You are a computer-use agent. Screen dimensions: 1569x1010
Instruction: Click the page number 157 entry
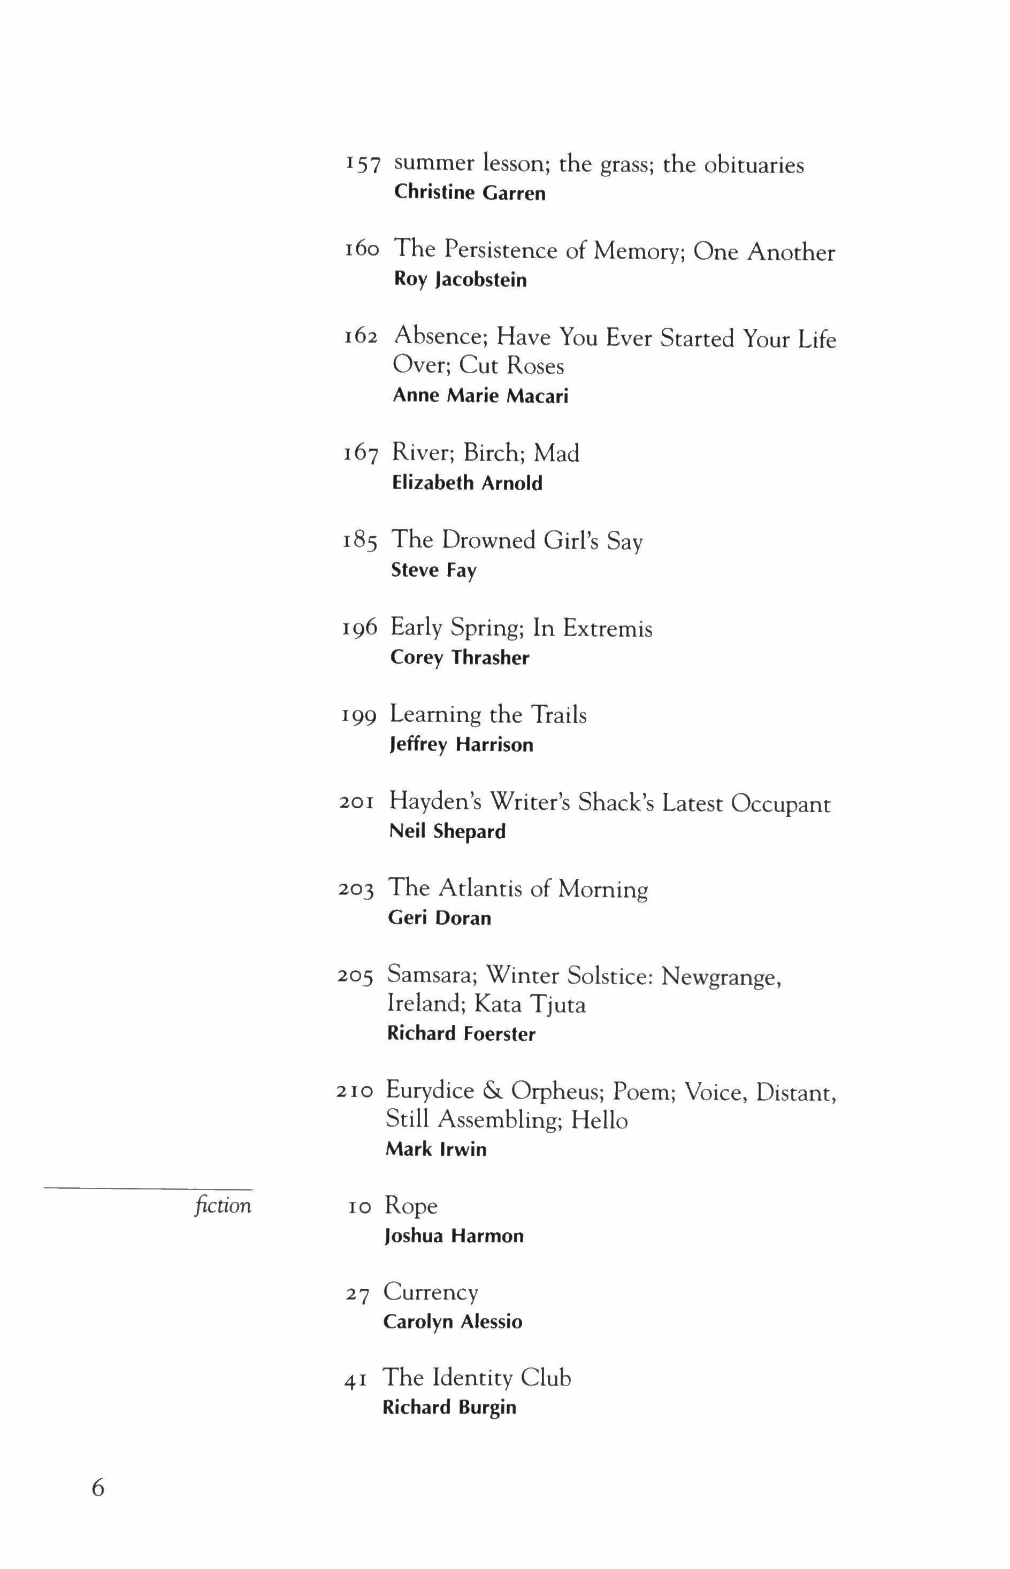(x=363, y=165)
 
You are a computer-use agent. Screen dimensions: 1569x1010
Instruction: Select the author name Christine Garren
(x=470, y=194)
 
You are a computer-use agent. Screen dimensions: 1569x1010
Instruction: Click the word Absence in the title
(x=439, y=337)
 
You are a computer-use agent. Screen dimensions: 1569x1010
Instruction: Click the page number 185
(x=359, y=542)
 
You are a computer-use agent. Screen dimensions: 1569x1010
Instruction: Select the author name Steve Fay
(x=433, y=570)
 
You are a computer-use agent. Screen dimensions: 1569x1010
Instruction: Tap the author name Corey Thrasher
(x=459, y=658)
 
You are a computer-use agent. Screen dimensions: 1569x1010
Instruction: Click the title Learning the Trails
(x=488, y=715)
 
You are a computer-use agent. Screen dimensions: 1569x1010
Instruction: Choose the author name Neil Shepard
(x=447, y=832)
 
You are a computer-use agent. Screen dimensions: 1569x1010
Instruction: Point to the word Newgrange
(x=720, y=977)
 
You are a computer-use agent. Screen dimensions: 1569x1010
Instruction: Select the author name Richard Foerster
(x=461, y=1034)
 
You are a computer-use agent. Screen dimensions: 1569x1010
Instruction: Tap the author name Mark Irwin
(x=436, y=1149)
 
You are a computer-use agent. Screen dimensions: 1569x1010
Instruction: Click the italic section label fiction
(x=223, y=1206)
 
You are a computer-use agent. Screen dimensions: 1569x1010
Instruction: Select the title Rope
(x=410, y=1207)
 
